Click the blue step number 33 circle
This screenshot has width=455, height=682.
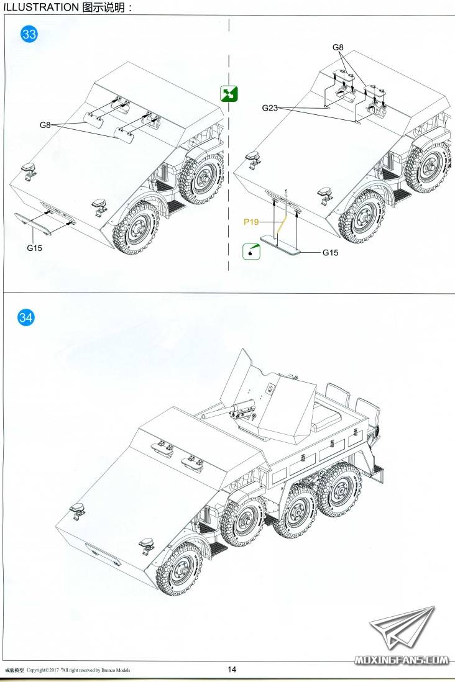29,34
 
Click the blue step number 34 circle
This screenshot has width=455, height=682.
25,317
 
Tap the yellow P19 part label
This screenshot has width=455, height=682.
251,222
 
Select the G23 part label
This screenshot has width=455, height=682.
270,108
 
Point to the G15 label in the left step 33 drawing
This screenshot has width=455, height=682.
34,248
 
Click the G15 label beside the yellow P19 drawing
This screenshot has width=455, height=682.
331,252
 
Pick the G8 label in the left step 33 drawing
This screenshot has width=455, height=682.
45,125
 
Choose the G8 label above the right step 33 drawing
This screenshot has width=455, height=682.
338,47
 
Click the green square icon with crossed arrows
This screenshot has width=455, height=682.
229,94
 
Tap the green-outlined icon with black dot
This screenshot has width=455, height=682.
251,252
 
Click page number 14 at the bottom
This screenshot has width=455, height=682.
232,670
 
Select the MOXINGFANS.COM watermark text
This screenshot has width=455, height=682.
402,660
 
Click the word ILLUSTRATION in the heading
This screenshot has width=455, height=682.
41,7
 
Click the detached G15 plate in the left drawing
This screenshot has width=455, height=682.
33,223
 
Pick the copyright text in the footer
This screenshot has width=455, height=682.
78,670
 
